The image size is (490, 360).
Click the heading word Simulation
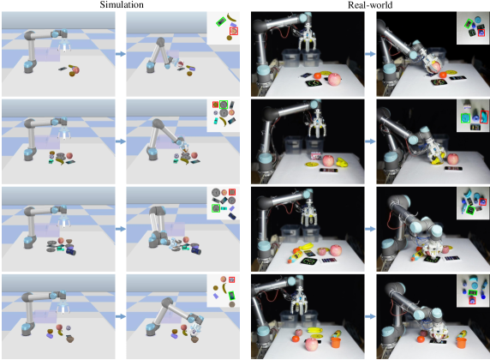[x=122, y=4]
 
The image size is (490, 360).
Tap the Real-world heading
[x=370, y=5]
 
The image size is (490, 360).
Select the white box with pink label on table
[x=316, y=155]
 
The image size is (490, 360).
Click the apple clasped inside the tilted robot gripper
[x=435, y=66]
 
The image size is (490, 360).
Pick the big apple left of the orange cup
[x=312, y=345]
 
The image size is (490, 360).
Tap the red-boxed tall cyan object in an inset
[x=484, y=117]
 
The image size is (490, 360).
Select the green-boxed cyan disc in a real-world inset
[x=466, y=117]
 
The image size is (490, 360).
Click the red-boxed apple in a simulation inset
[x=234, y=31]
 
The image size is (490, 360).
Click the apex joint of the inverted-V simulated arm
[x=160, y=41]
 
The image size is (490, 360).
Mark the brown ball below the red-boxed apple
[x=230, y=38]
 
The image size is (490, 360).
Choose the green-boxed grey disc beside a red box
[x=224, y=105]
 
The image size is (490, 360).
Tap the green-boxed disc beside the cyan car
[x=216, y=208]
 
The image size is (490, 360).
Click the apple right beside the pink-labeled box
[x=328, y=161]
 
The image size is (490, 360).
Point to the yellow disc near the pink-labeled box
[x=312, y=165]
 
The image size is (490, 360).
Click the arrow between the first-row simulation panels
[x=121, y=54]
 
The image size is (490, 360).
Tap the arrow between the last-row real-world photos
[x=370, y=316]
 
